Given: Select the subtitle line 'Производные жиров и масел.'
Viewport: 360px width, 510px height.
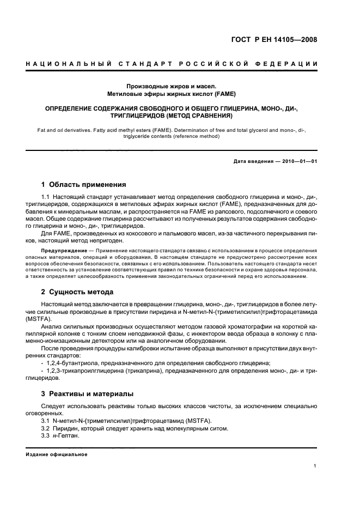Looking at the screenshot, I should pyautogui.click(x=171, y=86).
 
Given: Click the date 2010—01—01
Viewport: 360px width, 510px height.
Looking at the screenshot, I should pyautogui.click(x=296, y=162).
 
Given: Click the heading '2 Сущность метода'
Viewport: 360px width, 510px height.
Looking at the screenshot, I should pyautogui.click(x=77, y=292).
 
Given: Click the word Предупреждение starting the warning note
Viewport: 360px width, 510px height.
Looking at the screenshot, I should pyautogui.click(x=64, y=250).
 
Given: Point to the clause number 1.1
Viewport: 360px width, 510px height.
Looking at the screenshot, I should pyautogui.click(x=47, y=195).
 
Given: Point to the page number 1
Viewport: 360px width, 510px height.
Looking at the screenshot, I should pyautogui.click(x=316, y=465).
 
